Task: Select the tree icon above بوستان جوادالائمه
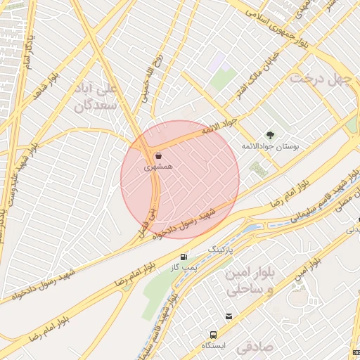(x=269, y=134)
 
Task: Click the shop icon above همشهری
(x=157, y=155)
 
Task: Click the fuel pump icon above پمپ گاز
(x=184, y=257)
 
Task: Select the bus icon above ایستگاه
(x=212, y=334)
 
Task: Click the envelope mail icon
(x=229, y=316)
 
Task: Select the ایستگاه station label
(x=213, y=347)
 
